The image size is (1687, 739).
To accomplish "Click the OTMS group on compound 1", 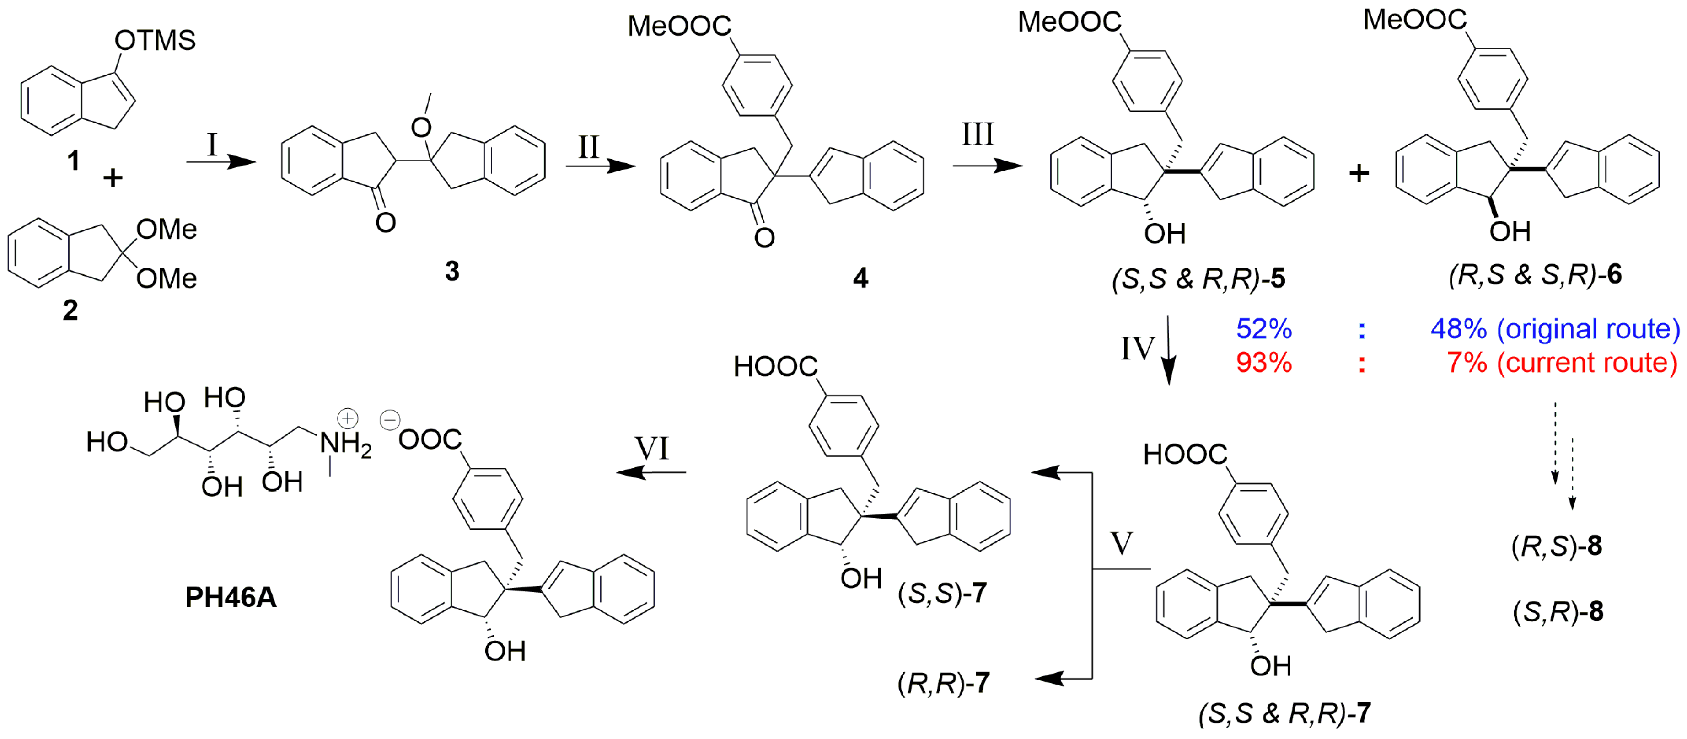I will (x=155, y=41).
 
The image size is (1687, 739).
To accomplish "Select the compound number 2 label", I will (x=70, y=310).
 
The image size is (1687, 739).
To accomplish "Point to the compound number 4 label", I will (x=860, y=278).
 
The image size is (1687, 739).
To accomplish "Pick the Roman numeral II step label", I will (x=588, y=147).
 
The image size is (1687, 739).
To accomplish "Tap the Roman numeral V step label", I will (x=1121, y=543).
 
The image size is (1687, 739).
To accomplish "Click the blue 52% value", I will (x=1263, y=329).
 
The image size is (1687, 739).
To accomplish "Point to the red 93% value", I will (x=1263, y=363).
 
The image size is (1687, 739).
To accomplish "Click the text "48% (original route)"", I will (x=1555, y=329).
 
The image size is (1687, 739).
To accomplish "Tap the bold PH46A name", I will (x=231, y=597).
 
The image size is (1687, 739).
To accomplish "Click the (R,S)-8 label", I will (x=1556, y=545).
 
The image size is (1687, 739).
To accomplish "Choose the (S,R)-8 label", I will (x=1558, y=611).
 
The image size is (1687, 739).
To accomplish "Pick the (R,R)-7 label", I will (x=943, y=683).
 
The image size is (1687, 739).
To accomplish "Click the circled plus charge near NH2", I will (x=347, y=418).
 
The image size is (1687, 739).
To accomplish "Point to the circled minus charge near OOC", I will (x=390, y=419).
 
